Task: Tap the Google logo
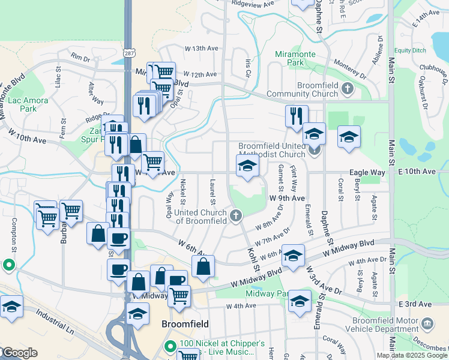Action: pyautogui.click(x=19, y=352)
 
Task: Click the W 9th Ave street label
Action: pyautogui.click(x=287, y=197)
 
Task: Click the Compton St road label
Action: pyautogui.click(x=13, y=235)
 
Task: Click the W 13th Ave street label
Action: pyautogui.click(x=199, y=48)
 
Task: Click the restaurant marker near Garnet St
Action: pyautogui.click(x=297, y=116)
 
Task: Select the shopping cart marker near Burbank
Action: pyautogui.click(x=71, y=211)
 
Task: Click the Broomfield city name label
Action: pyautogui.click(x=185, y=323)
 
